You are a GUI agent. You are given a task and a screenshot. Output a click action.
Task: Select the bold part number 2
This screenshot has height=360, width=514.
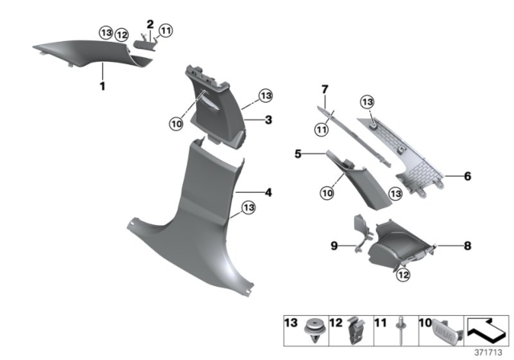(x=149, y=23)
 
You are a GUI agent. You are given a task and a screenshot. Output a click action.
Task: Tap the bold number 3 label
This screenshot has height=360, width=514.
(x=269, y=120)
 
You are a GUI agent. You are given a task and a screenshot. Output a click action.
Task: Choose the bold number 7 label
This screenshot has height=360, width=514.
(x=325, y=87)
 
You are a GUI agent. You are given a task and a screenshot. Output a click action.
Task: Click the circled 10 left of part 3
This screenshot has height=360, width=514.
(x=176, y=123)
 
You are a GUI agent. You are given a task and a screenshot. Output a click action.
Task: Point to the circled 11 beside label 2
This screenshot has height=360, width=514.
(x=166, y=31)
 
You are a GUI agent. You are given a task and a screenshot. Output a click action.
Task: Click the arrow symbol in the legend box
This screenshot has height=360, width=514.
(x=483, y=326)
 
